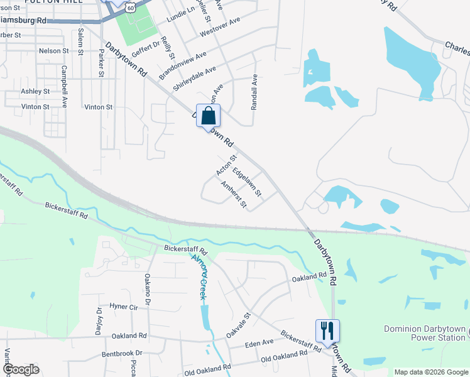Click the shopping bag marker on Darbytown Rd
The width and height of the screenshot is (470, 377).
[209, 117]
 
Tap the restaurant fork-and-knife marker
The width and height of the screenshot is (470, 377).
[327, 331]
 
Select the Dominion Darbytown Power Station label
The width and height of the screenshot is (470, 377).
[425, 333]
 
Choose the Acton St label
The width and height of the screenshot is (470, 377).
[226, 165]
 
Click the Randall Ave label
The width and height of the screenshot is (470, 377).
[254, 93]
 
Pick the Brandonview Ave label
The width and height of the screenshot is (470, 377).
[182, 65]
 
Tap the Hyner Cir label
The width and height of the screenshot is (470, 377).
[123, 307]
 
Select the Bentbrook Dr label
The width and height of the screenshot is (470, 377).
[122, 354]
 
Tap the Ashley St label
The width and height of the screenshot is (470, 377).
[35, 91]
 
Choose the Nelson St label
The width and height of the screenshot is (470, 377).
[53, 50]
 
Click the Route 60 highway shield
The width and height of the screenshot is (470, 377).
[130, 6]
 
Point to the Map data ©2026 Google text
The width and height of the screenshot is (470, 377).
[430, 372]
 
